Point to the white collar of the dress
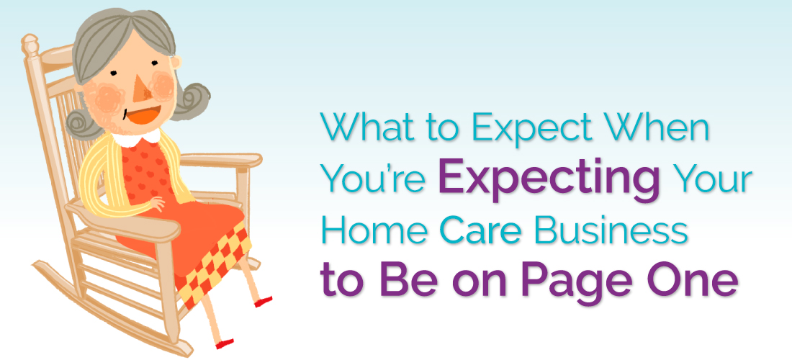click(144, 137)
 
